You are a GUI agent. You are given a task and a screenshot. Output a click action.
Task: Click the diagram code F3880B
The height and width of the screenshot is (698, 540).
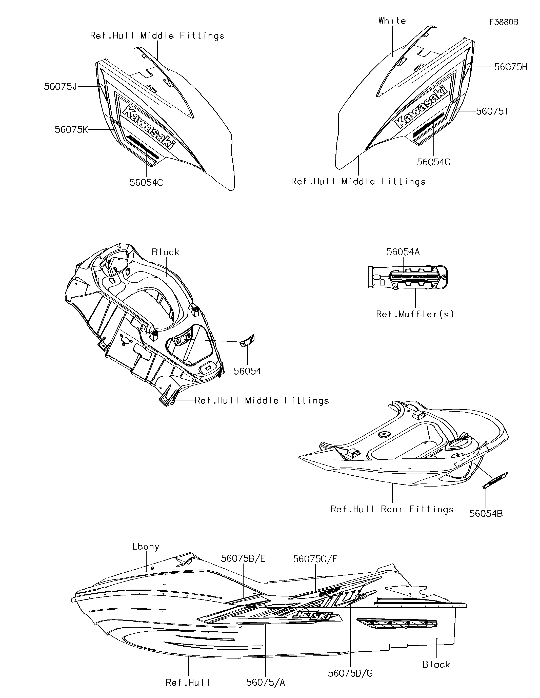coord(504,22)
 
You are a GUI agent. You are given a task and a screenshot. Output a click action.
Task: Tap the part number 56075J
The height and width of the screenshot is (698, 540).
coord(61,87)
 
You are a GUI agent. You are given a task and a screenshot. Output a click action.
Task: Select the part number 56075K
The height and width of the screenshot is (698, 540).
coord(71,129)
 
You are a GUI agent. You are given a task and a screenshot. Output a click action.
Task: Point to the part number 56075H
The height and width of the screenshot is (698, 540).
coord(511,67)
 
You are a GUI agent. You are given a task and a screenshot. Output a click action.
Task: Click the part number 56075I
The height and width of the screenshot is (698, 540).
coord(492,111)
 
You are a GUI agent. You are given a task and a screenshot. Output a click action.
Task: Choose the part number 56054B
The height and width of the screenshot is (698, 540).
coord(486,513)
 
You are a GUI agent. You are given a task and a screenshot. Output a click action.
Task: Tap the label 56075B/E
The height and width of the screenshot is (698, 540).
coord(243,558)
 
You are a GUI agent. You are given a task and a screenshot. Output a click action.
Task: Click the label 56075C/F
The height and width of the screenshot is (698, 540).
coord(315,559)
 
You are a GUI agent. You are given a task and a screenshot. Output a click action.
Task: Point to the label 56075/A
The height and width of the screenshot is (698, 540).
coord(266,682)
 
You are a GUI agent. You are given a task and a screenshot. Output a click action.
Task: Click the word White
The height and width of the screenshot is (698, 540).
coord(392,21)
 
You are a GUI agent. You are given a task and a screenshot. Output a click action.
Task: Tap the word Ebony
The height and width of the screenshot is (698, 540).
coord(146,547)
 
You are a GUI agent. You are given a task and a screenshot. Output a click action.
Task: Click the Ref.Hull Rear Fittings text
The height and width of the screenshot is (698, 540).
coord(392,509)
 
